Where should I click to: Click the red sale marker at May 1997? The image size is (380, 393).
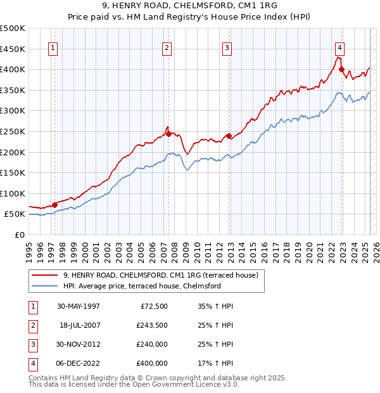55,204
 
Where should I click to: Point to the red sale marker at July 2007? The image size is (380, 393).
168,134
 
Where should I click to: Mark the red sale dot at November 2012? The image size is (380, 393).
229,135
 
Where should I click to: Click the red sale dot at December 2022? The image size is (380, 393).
341,69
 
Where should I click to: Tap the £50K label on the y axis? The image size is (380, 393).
15,214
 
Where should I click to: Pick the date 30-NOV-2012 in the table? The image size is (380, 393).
79,345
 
